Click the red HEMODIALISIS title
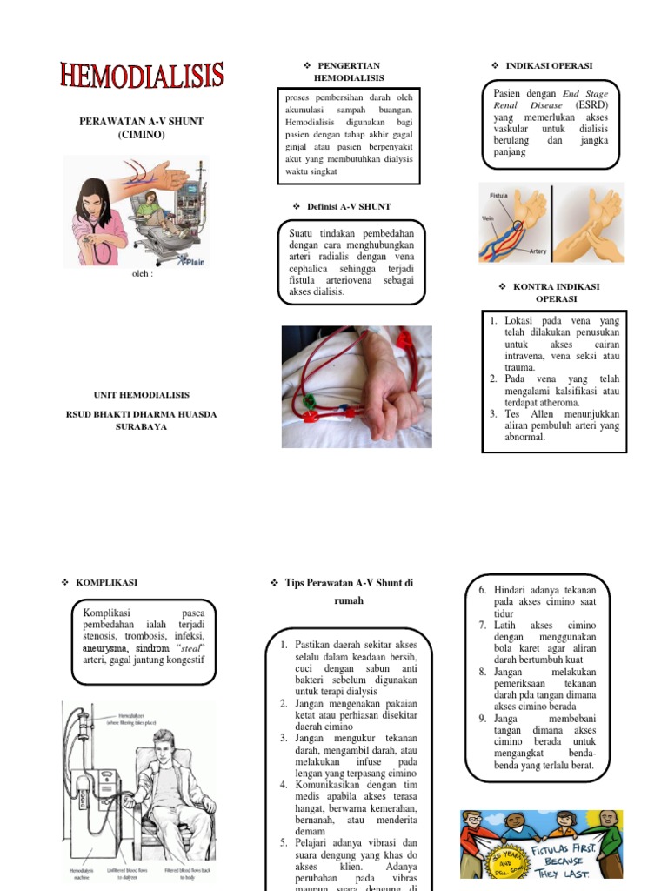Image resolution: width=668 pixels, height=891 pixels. click(142, 76)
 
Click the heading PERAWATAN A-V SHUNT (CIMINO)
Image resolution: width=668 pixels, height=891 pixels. click(141, 128)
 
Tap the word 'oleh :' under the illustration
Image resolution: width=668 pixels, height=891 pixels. click(140, 273)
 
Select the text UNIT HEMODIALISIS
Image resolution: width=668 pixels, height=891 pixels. click(141, 394)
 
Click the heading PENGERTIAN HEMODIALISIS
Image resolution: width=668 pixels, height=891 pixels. click(348, 71)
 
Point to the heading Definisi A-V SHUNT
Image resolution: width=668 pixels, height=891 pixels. click(348, 206)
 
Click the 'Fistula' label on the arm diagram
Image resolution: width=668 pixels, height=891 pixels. click(499, 196)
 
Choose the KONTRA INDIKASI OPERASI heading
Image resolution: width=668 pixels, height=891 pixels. click(555, 292)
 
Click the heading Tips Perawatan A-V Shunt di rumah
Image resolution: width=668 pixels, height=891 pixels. click(348, 591)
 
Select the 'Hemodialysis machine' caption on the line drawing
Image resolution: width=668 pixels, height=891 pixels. click(83, 874)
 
